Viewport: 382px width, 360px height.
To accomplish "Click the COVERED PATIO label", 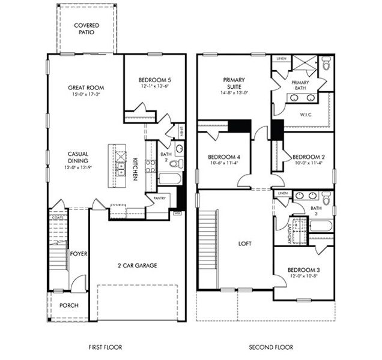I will coord(86,29).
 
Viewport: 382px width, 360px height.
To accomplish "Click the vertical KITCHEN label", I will coord(136,169).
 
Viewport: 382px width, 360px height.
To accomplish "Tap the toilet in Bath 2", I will coord(179,148).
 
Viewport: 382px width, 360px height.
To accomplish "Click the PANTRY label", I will coord(159,197).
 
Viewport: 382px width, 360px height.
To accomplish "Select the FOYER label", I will coord(79,254).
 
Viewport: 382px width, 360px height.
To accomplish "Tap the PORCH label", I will coord(68,305).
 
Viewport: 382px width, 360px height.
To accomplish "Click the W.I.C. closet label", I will coord(307,114).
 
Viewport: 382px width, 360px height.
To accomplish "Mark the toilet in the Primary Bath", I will coord(326,62).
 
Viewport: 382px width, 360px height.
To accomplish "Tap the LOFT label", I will coord(244,244).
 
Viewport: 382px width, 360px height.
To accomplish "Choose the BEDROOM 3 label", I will coord(303,270).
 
